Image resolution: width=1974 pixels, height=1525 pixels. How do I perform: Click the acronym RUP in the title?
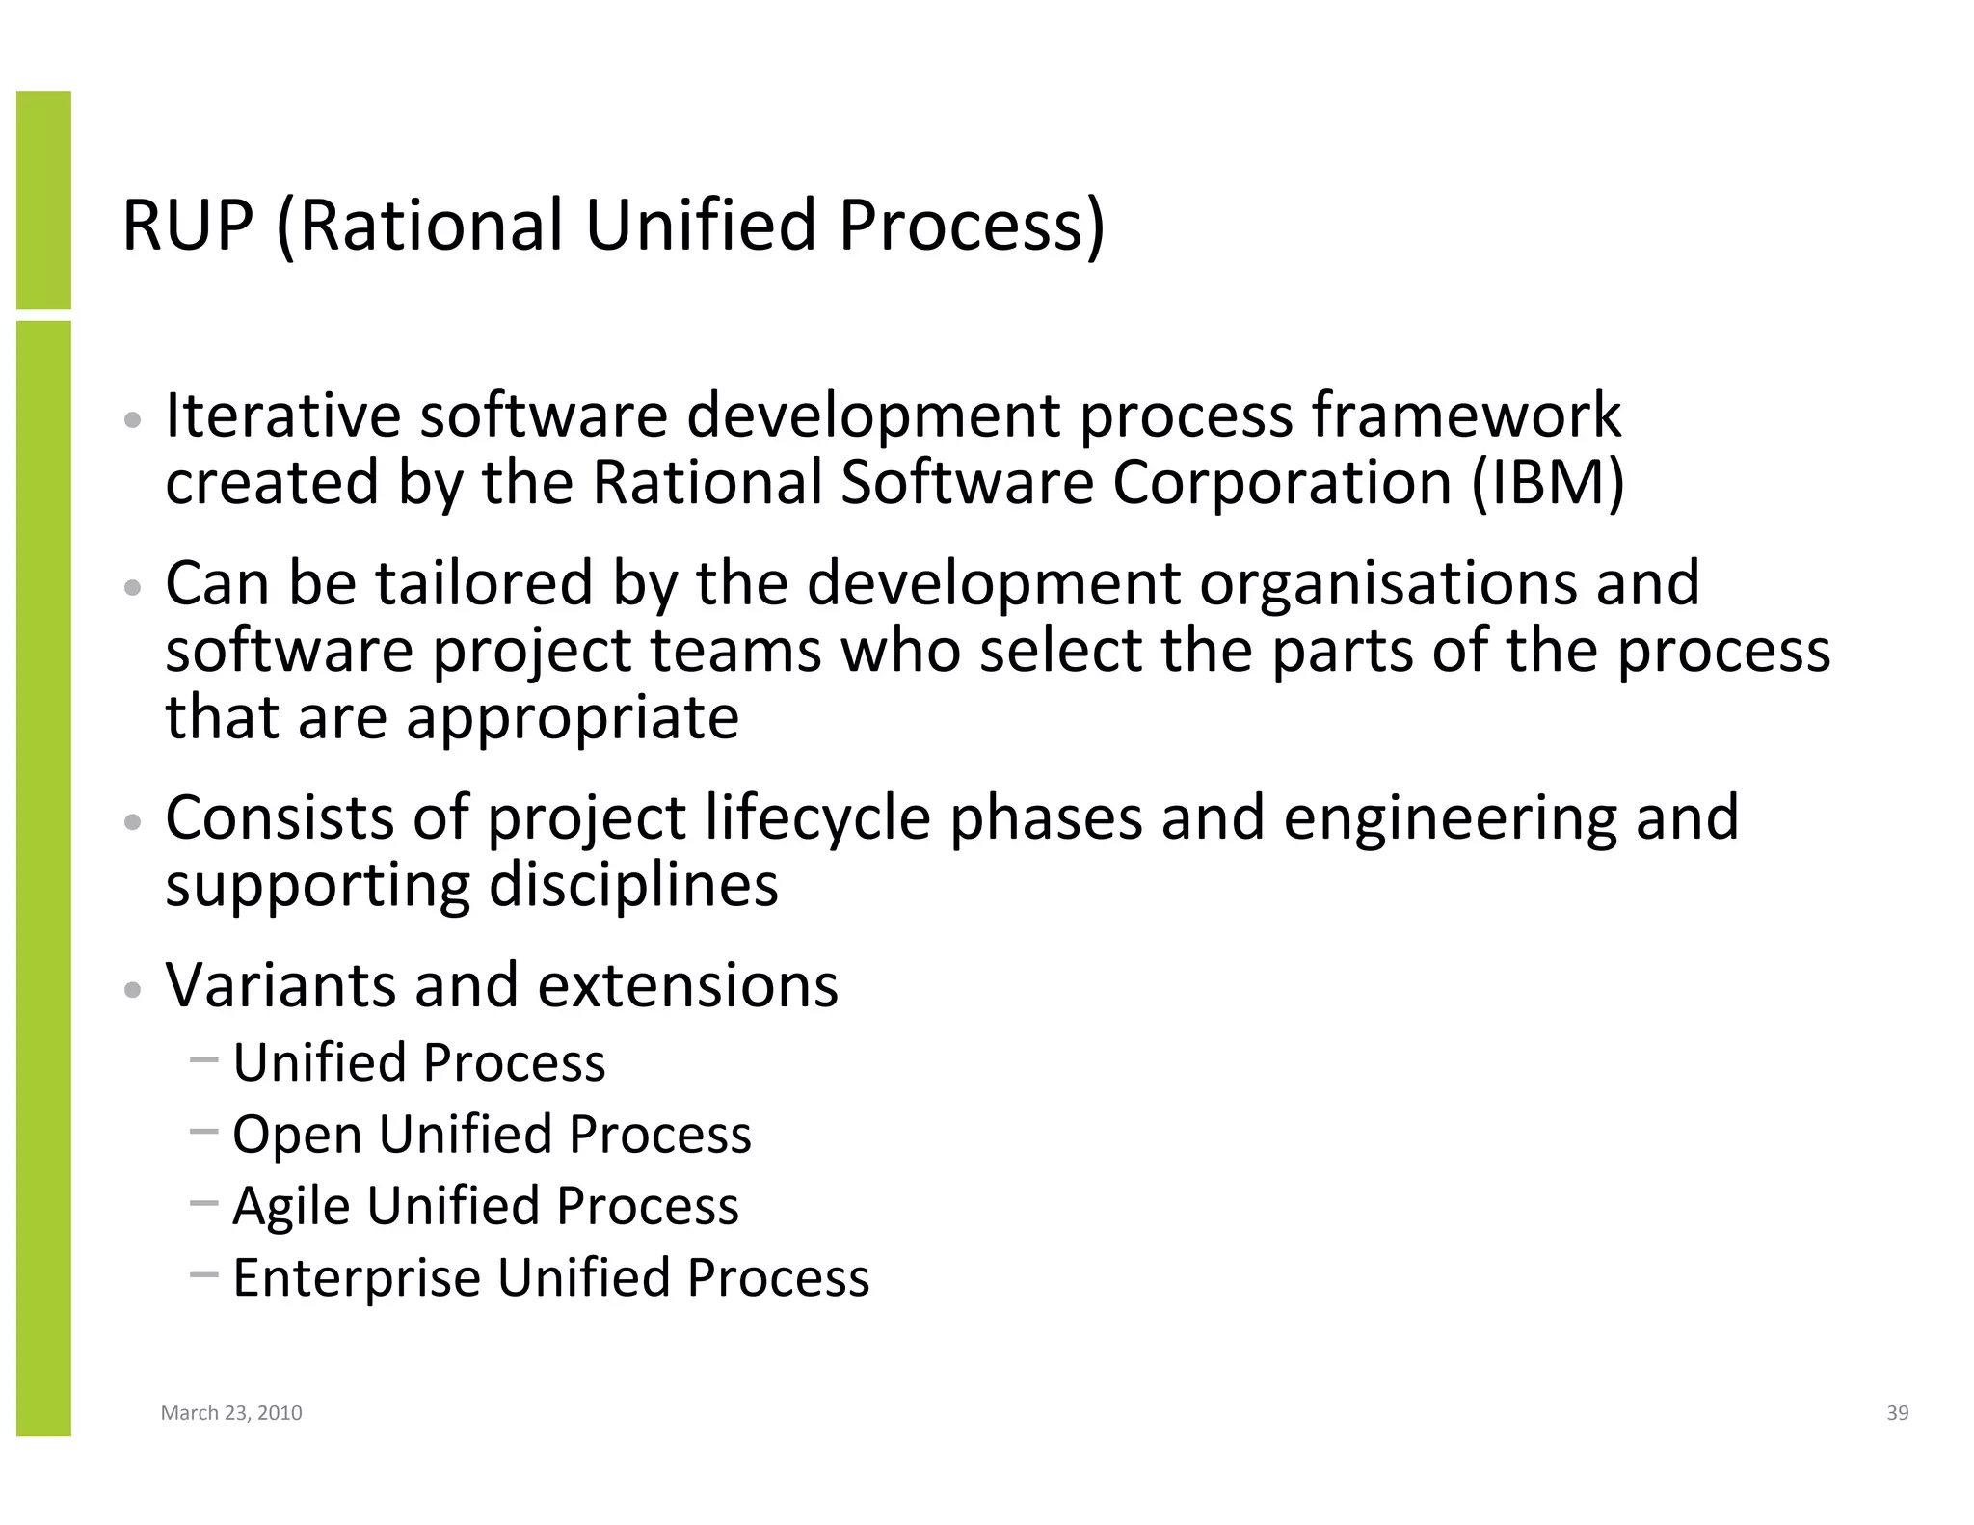188,226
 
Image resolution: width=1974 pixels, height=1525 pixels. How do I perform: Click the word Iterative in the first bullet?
282,415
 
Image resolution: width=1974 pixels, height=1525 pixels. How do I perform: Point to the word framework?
1466,415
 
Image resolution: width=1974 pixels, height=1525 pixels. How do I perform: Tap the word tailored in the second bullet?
483,583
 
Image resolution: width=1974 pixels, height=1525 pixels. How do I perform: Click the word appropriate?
573,718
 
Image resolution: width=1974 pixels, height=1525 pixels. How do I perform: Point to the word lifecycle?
817,818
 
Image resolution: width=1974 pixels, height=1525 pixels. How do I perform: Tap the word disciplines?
633,885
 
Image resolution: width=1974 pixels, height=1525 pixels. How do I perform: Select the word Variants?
280,985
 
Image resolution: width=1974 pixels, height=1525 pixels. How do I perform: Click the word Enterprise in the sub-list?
357,1278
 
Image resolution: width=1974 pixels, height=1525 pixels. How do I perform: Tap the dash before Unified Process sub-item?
204,1060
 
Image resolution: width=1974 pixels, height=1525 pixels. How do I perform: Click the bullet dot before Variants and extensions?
134,990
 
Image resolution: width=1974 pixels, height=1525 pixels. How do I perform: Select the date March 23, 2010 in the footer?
231,1413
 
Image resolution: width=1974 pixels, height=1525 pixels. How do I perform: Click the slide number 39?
1897,1413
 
